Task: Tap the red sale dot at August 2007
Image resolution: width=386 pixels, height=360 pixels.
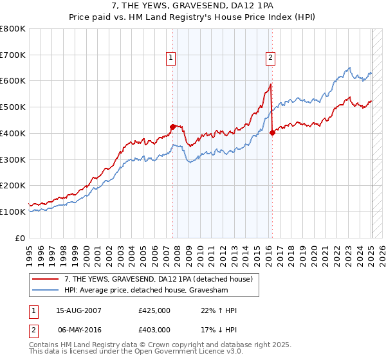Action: point(172,127)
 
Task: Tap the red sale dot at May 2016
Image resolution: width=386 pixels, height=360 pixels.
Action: point(272,132)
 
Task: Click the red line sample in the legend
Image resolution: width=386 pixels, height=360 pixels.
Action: point(46,279)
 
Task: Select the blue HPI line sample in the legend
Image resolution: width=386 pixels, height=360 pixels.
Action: point(46,290)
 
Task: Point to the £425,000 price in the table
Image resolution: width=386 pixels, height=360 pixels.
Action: point(154,310)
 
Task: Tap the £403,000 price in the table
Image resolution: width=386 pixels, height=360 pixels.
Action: point(154,329)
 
